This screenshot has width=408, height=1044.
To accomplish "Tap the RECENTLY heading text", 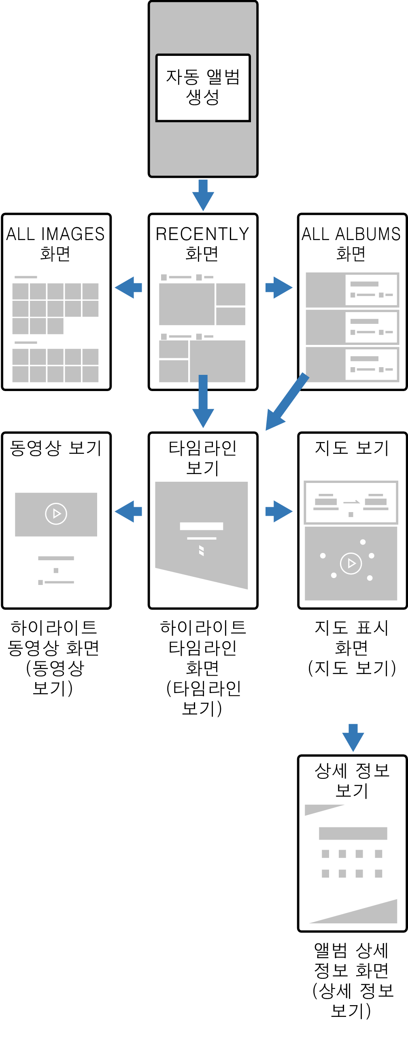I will point(202,234).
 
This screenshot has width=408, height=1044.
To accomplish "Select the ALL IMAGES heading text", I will point(55,234).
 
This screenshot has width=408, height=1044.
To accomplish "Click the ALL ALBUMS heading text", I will point(351,234).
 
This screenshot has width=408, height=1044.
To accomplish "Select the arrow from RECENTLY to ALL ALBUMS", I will point(279,288).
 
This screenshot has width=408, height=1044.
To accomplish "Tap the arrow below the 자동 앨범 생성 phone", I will point(203,195).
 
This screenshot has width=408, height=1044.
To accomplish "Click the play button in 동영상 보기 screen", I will point(56,514).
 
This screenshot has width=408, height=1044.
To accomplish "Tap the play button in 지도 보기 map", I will point(351,563).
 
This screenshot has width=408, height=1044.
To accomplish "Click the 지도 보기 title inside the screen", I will point(352,448).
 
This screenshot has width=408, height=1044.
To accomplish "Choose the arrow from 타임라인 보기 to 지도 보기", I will point(279,511).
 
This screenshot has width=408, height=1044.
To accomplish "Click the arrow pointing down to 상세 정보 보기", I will point(353,737).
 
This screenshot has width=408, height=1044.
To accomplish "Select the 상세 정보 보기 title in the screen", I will point(352,780).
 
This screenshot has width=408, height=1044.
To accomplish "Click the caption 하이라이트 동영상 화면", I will point(53,638).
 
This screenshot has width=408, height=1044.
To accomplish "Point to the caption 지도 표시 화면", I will point(351,638).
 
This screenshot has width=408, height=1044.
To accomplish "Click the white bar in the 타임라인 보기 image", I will point(201,526).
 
